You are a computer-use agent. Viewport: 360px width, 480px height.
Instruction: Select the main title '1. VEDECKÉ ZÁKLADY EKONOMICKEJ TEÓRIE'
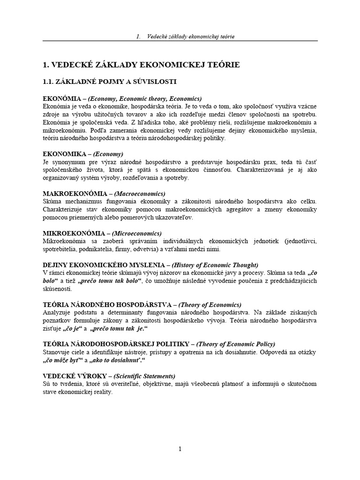(x=141, y=65)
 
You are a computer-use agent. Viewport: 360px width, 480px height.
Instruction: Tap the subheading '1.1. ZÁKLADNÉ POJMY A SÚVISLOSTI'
(x=109, y=82)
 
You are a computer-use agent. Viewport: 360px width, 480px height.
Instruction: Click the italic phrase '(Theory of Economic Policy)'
(x=227, y=344)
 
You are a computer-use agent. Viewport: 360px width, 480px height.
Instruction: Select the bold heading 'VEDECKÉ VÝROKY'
(x=69, y=376)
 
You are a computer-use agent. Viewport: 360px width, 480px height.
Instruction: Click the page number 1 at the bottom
(x=180, y=449)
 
